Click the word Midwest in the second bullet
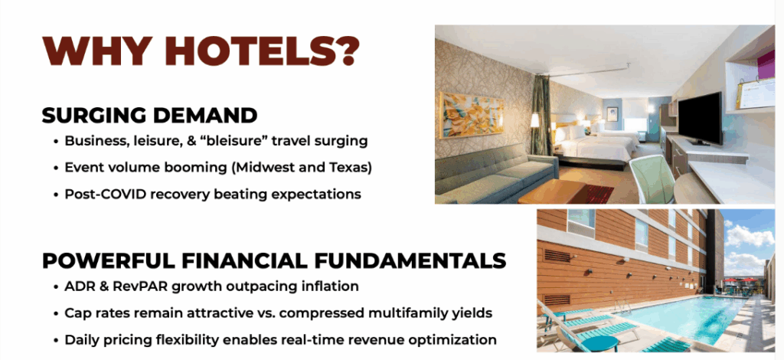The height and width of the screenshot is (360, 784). [263, 168]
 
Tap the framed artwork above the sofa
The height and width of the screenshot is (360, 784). [472, 116]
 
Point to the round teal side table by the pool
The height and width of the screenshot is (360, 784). [600, 344]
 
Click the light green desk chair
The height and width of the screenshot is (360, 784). [652, 178]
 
